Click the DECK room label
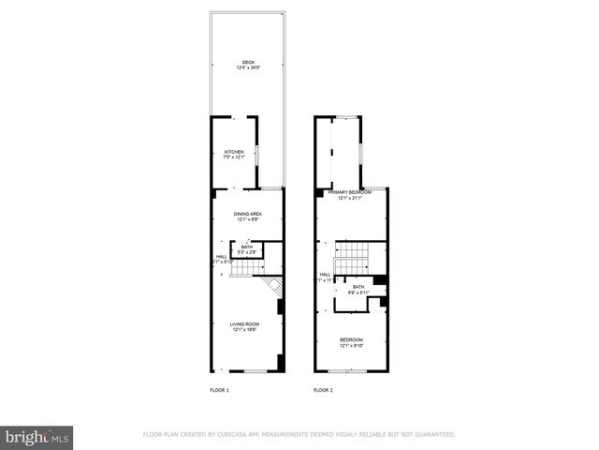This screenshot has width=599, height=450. point(248,62)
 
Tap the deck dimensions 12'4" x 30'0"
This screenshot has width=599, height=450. point(248,67)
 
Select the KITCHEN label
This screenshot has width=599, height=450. point(234,152)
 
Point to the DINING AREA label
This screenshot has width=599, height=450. point(248,214)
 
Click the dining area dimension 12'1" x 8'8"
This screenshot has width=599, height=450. point(248,219)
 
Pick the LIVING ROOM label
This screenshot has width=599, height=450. point(245,324)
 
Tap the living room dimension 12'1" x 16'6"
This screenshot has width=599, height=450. point(245,330)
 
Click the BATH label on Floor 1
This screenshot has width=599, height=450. point(246,247)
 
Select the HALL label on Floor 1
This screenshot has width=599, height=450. point(222,256)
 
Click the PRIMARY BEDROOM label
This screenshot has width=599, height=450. point(349,192)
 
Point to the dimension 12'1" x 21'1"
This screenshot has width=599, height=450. point(349,198)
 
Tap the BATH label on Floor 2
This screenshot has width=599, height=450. point(358,287)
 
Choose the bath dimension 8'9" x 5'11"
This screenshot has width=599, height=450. point(358,292)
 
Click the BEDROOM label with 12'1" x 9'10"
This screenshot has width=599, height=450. point(351,338)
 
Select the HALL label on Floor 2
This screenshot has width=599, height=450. point(325,275)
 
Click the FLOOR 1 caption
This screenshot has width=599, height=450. point(219,389)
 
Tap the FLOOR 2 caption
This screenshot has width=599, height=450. point(323,389)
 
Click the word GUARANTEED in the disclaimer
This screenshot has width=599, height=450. point(434,435)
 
